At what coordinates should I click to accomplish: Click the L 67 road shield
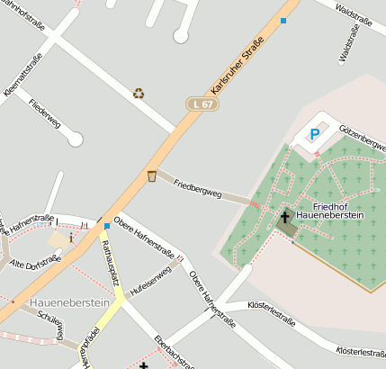[x=202, y=104]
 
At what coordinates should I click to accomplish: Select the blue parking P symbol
[x=314, y=135]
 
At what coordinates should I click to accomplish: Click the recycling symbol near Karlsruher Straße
[x=139, y=93]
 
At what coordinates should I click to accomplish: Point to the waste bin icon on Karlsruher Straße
[x=152, y=175]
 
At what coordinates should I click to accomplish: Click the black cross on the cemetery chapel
[x=285, y=216]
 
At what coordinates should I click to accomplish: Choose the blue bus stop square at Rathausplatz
[x=106, y=225]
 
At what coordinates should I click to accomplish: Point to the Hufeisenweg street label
[x=150, y=282]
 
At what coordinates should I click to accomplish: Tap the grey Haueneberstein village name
[x=69, y=303]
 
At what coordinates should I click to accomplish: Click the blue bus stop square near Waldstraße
[x=283, y=21]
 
